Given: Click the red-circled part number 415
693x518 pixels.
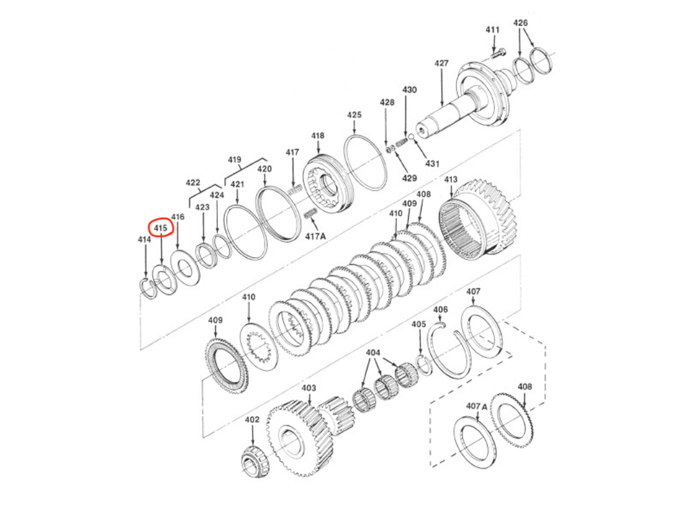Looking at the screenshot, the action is [x=161, y=228].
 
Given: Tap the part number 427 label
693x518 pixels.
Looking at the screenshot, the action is [x=441, y=63].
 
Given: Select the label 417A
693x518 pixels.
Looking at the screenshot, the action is [x=316, y=236].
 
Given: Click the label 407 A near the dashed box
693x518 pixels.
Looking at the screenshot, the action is [x=476, y=406].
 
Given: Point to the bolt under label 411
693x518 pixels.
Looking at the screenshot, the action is [x=498, y=54].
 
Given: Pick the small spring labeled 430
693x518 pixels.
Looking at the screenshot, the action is [x=401, y=143].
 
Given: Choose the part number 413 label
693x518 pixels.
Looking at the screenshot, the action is [x=451, y=179].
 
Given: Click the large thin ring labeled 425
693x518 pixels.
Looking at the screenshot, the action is [x=365, y=163].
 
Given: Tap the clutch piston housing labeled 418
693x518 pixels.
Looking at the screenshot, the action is [x=327, y=184].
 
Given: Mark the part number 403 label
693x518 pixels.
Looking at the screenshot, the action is [x=309, y=388].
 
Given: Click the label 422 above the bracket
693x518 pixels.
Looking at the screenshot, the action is [x=193, y=183].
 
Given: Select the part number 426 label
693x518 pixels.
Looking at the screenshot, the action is [x=521, y=23].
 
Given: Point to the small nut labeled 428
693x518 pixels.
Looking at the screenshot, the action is [x=389, y=149].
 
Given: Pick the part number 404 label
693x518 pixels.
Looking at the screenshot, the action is [x=373, y=353].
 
